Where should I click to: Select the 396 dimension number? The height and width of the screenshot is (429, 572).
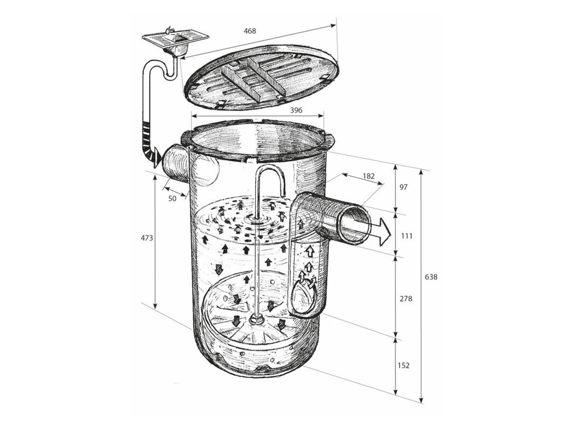[x=296, y=110]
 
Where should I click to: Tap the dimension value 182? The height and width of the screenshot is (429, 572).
[x=368, y=176]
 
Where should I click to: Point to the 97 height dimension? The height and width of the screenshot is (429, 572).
[x=403, y=187]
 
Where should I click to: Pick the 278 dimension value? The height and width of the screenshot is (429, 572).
[x=405, y=299]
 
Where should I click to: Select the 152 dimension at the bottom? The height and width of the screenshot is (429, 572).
[x=403, y=366]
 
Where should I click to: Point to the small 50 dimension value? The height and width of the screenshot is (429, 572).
[x=172, y=197]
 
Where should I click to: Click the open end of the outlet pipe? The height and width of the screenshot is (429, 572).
[x=353, y=223]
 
